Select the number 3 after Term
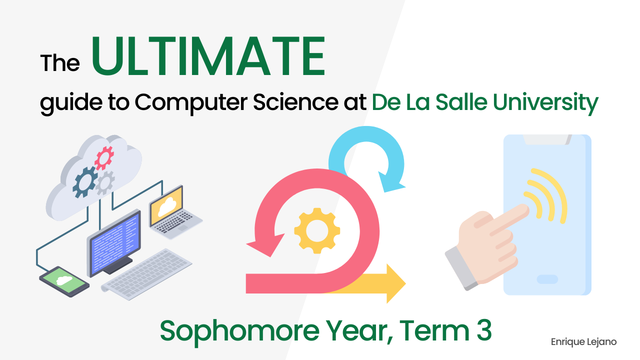click(482, 330)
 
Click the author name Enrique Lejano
click(583, 342)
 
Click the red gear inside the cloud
click(104, 158)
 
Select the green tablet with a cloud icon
click(63, 280)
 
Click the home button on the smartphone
click(547, 279)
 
